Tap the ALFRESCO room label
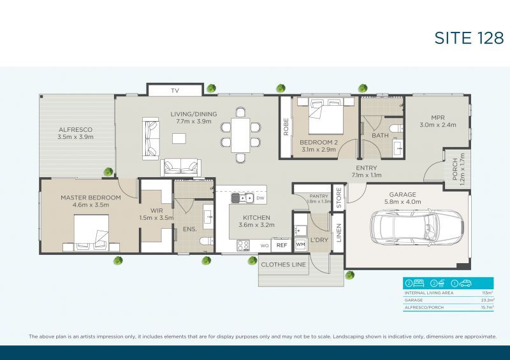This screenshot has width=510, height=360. [x=76, y=129]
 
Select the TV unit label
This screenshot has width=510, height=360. [x=175, y=91]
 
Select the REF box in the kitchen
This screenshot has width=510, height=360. [x=281, y=245]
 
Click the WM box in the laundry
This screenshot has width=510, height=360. [x=300, y=245]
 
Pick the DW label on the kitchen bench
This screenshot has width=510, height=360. [x=260, y=199]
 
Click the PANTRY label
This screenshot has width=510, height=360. [x=318, y=196]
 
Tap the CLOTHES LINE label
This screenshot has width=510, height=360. [x=283, y=264]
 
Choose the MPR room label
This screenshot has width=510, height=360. [x=437, y=117]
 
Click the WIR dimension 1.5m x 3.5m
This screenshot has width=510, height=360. [x=156, y=217]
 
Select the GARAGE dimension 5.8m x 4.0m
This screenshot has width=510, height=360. [x=402, y=202]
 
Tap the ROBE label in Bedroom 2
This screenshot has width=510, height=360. [x=286, y=126]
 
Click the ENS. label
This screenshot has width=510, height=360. [x=189, y=229]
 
